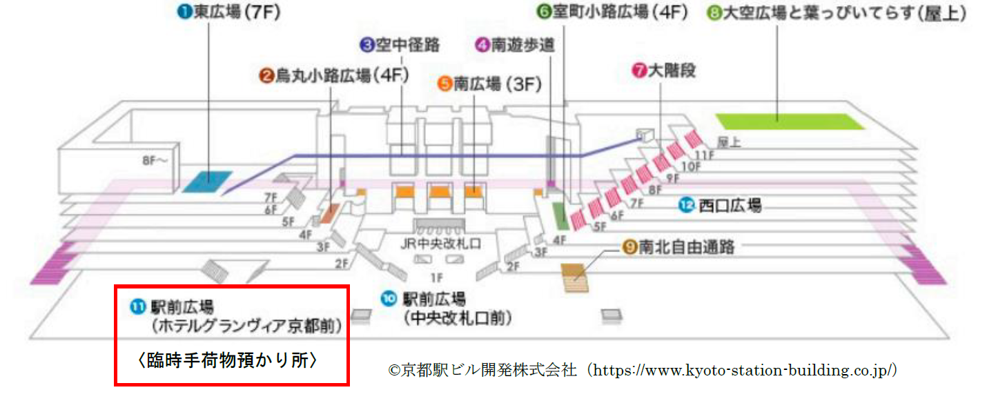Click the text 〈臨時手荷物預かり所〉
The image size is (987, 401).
[x=228, y=360]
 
